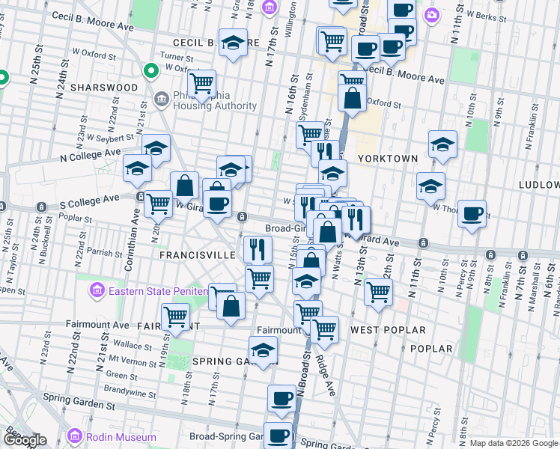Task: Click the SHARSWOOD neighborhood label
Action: [x=104, y=88]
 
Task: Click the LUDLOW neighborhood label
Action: [x=538, y=184]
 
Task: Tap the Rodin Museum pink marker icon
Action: [x=74, y=436]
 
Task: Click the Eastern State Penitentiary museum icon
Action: [x=96, y=290]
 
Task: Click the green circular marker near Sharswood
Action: [x=150, y=72]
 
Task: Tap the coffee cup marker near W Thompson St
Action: [x=472, y=213]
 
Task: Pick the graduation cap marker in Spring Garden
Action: [x=263, y=350]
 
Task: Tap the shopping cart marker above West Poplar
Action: [x=378, y=291]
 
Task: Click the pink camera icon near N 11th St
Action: [x=431, y=14]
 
